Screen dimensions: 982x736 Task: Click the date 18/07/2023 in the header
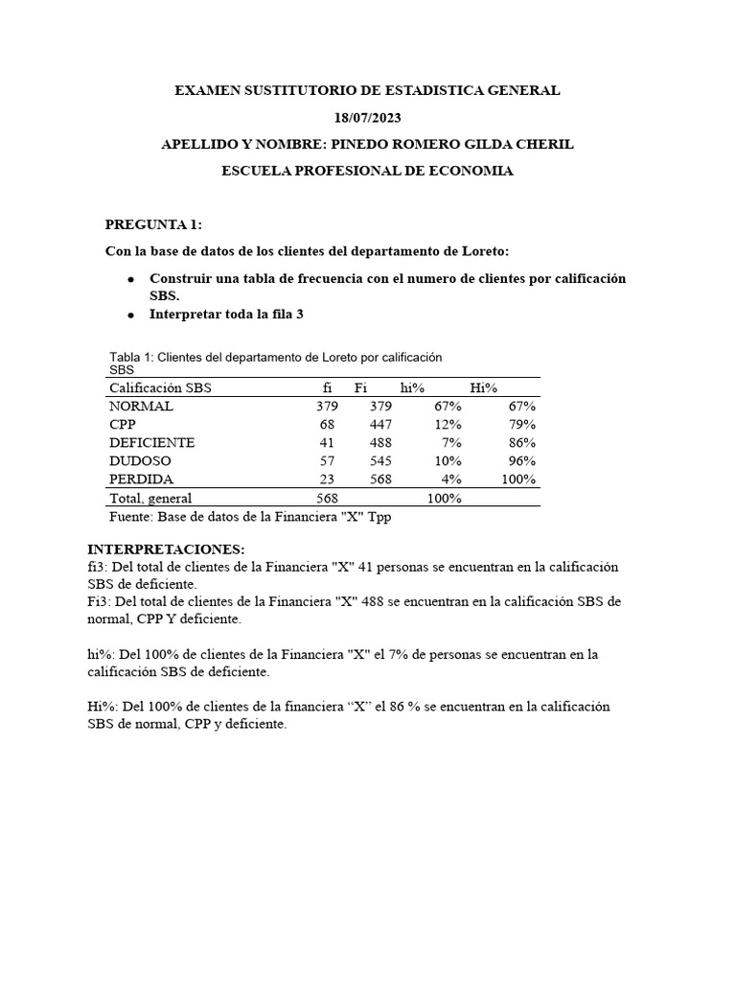(x=367, y=118)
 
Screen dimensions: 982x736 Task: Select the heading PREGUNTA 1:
(x=153, y=224)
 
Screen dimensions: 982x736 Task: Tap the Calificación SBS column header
(x=160, y=388)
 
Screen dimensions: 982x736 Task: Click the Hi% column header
(x=483, y=388)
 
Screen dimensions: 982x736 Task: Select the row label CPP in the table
(x=123, y=425)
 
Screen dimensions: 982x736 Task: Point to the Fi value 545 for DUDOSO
(x=380, y=461)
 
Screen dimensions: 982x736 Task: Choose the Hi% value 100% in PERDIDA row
(x=518, y=479)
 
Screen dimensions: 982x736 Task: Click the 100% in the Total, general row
(x=444, y=499)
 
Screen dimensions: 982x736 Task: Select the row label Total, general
(x=150, y=499)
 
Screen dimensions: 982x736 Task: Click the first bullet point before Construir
(x=130, y=279)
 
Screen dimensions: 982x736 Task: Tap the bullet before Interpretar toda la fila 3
(x=130, y=315)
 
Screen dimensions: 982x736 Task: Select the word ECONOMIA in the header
(x=468, y=172)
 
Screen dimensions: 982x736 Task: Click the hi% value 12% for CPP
(x=448, y=425)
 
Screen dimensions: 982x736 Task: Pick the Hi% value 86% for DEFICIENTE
(x=522, y=443)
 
